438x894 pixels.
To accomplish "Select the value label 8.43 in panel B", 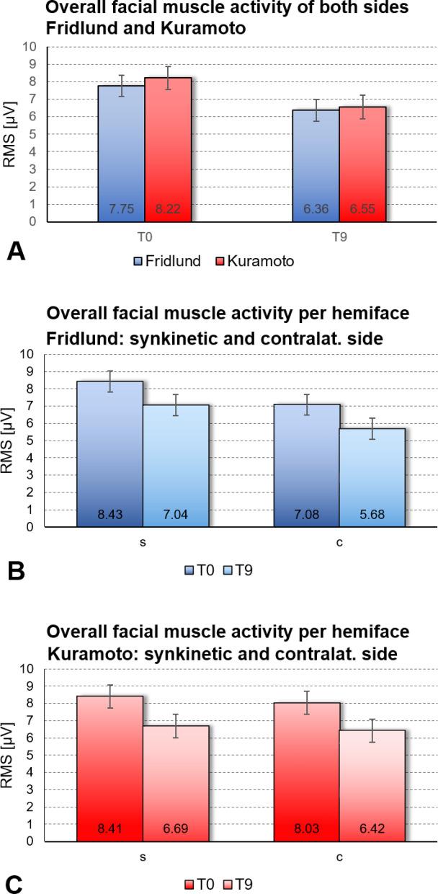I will [109, 515].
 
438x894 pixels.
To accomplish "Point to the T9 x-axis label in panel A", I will [339, 235].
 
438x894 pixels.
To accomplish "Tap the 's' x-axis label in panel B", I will [143, 542].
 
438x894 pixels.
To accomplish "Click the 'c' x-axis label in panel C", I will [339, 856].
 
